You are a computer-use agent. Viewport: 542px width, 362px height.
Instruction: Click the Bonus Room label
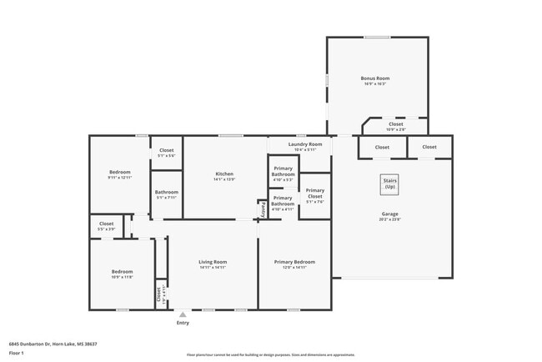(x=375, y=78)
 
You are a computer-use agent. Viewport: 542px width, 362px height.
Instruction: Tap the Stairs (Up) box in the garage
(x=389, y=184)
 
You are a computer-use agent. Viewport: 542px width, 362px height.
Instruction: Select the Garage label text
(x=390, y=214)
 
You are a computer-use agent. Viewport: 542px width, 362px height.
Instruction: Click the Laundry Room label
(x=299, y=144)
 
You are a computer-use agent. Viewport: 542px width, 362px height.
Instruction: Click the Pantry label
(x=263, y=209)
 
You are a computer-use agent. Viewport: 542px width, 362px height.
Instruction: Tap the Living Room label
(x=213, y=262)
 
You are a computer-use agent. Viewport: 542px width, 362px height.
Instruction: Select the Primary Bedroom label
(x=294, y=262)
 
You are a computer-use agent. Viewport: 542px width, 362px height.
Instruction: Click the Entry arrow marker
(x=183, y=314)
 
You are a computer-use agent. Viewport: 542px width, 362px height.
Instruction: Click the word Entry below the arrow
(x=183, y=323)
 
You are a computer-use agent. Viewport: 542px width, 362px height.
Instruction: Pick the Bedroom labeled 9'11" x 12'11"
(x=120, y=172)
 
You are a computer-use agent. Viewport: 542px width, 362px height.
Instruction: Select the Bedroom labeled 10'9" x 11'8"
(x=123, y=272)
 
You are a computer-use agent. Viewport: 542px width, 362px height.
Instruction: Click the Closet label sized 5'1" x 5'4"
(x=167, y=150)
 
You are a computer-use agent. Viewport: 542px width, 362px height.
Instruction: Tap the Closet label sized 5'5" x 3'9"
(x=107, y=224)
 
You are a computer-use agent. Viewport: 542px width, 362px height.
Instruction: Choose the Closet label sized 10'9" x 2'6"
(x=395, y=126)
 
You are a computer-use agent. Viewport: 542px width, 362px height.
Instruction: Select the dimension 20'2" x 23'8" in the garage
(x=390, y=219)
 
